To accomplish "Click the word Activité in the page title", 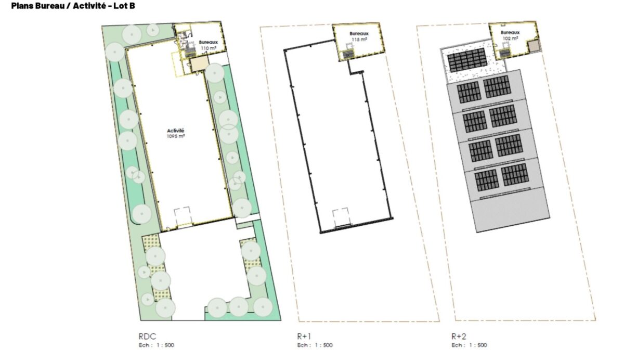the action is click(x=89, y=6).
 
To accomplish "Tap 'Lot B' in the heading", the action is click(x=124, y=6).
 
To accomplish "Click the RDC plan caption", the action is click(x=147, y=336).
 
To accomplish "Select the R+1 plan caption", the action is click(x=304, y=336).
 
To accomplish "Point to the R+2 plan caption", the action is click(x=459, y=336).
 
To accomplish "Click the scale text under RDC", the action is click(x=157, y=345).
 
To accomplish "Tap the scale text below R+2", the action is click(x=469, y=345).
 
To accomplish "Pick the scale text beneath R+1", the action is click(x=315, y=345).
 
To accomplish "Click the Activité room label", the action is click(x=176, y=131).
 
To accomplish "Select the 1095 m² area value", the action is click(x=176, y=136).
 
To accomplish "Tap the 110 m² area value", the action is click(x=209, y=48).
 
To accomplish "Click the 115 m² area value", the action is click(x=359, y=40).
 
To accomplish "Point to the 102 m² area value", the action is click(x=510, y=38).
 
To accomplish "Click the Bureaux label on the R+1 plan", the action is click(x=359, y=34).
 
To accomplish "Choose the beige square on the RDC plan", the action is click(x=199, y=65).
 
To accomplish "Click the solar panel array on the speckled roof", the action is click(x=467, y=60).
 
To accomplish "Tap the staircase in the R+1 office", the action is click(x=348, y=54).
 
